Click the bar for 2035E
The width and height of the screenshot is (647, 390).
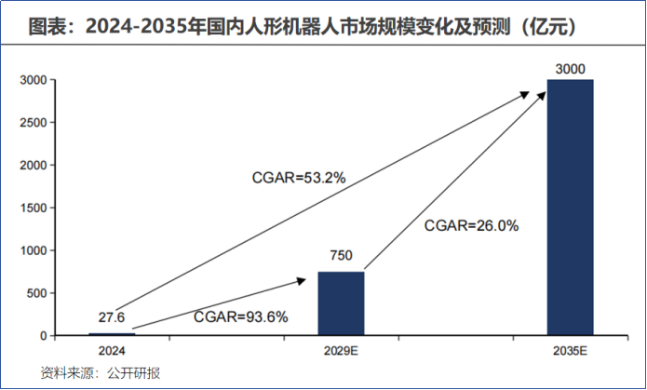[x=570, y=207]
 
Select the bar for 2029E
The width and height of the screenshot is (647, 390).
[x=341, y=303]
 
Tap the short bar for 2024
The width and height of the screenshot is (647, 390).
[x=112, y=333]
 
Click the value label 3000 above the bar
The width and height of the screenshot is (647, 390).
[x=570, y=69]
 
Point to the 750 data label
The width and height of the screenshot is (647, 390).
[x=341, y=257]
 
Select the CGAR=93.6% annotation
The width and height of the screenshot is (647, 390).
[x=240, y=316]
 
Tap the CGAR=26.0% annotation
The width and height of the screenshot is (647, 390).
[x=471, y=224]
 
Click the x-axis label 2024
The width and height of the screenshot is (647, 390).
[x=112, y=350]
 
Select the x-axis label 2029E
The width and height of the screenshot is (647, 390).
[x=341, y=350]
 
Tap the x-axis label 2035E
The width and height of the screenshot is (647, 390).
[x=570, y=350]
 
